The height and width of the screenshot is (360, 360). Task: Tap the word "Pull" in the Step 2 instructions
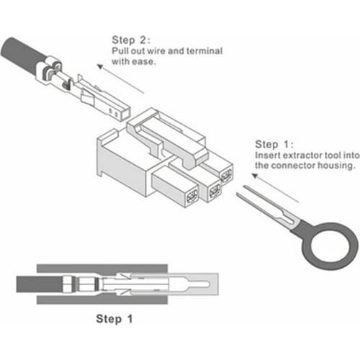(120, 52)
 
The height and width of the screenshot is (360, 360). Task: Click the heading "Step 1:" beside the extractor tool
(274, 143)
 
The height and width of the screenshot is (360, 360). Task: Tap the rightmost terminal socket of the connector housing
(226, 176)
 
